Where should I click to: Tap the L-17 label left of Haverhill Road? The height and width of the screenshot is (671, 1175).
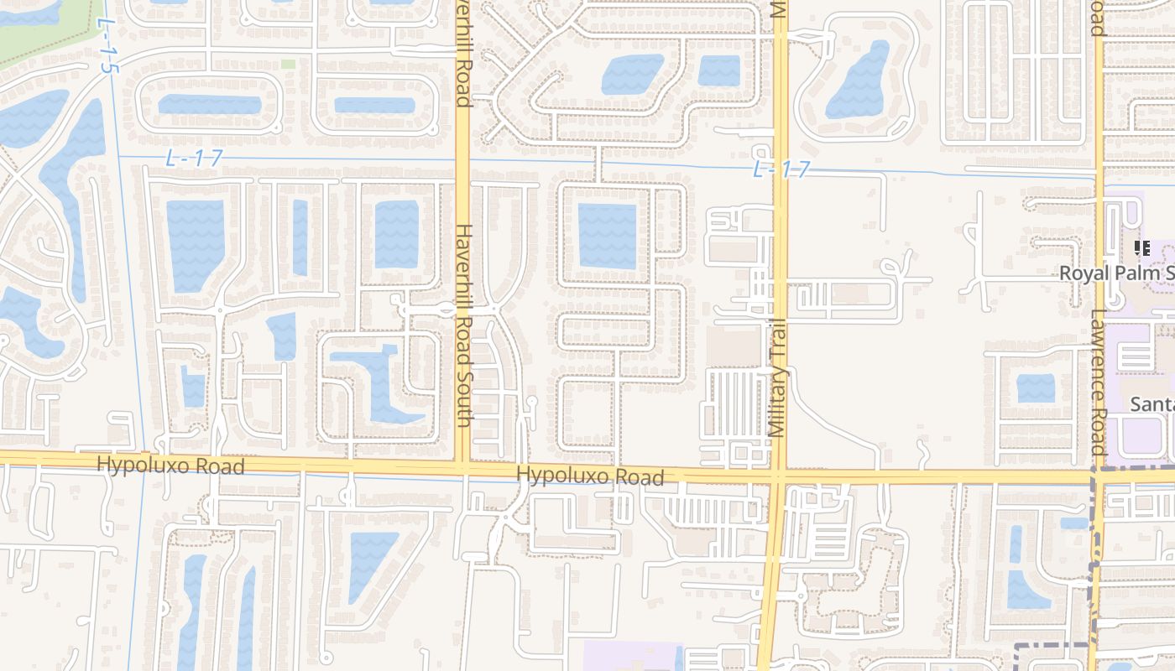193,158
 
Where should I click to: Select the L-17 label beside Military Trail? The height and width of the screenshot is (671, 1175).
781,169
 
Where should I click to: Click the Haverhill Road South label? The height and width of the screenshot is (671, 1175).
464,325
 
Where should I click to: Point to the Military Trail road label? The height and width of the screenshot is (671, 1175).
776,377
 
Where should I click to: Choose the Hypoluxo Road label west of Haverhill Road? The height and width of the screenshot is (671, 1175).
170,466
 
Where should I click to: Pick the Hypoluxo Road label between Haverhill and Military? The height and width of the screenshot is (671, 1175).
590,476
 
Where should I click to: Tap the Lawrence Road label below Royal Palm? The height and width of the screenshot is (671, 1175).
1099,382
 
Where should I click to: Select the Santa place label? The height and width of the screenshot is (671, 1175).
1151,404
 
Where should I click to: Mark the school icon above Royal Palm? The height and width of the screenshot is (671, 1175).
1141,248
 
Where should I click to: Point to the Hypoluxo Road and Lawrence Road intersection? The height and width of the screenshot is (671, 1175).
1097,477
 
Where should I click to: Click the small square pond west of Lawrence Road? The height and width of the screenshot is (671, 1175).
1036,388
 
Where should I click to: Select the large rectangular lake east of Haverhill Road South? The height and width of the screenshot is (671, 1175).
607,236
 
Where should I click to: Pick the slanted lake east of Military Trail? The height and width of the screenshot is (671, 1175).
858,80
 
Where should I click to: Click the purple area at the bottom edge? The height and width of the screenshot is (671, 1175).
632,656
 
